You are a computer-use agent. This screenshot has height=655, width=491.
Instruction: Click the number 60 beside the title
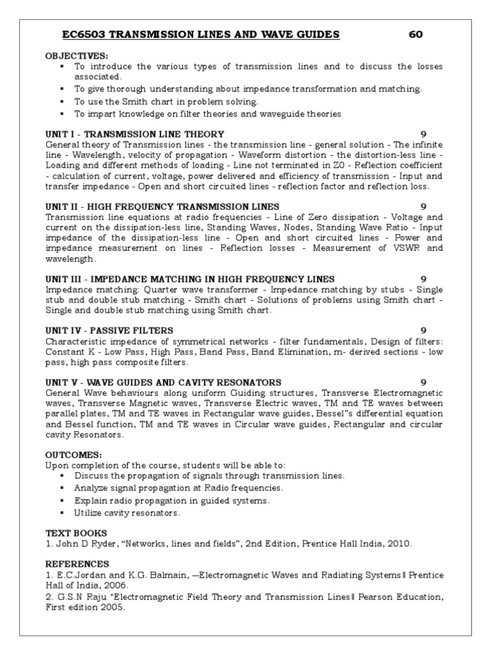416,35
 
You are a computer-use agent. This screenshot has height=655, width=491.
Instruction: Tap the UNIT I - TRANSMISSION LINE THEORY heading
135,134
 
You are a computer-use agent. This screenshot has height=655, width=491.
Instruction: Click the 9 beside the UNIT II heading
423,207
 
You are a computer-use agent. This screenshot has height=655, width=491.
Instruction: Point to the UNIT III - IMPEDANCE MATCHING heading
190,279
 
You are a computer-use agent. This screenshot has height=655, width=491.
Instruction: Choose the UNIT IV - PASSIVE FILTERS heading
109,330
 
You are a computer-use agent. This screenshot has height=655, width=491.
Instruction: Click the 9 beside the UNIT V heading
423,382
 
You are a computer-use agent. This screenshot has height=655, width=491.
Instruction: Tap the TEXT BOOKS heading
76,533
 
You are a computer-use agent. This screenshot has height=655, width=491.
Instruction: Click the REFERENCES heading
77,564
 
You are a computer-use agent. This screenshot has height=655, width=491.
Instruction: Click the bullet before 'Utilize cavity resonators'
62,513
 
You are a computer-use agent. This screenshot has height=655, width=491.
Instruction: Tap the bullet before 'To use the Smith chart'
62,102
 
